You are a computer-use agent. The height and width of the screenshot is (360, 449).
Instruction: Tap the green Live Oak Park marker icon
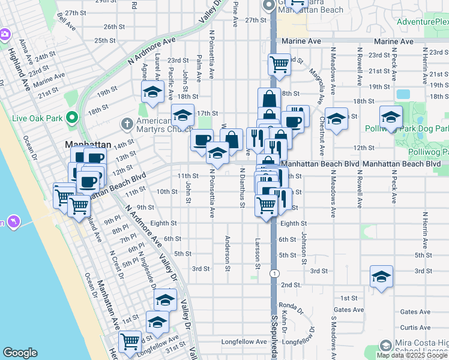click(72, 116)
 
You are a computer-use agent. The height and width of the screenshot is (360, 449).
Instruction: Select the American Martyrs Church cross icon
click(127, 124)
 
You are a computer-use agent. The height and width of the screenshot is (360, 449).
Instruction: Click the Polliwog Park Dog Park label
click(406, 128)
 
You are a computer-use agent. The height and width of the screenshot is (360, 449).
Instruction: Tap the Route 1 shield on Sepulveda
click(274, 273)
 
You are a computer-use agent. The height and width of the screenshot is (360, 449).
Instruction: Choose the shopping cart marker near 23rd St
click(279, 64)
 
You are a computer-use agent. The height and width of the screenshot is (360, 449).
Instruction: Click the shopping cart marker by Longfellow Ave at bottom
click(130, 343)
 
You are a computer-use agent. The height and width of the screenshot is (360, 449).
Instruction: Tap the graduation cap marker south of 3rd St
click(381, 277)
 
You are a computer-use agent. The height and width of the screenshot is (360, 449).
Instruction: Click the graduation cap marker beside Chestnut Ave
click(336, 119)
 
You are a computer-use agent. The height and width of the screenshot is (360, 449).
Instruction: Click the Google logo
click(20, 353)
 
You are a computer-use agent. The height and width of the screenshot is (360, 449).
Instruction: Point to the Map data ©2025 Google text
click(412, 355)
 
